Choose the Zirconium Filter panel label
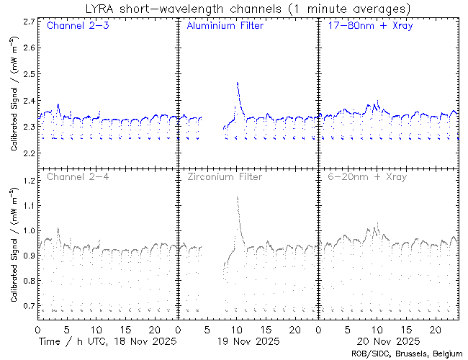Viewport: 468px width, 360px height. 225,176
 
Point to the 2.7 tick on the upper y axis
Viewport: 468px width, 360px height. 28,22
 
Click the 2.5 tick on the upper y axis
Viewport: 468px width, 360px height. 28,74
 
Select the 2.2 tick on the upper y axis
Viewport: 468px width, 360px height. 28,154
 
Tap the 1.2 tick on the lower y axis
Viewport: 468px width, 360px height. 28,181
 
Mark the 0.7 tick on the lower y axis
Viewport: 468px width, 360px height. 28,306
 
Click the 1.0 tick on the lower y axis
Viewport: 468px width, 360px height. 28,231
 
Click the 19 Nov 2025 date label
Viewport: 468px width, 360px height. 247,341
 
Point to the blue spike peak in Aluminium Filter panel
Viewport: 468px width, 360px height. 237,83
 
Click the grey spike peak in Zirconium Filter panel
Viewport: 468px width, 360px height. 237,197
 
